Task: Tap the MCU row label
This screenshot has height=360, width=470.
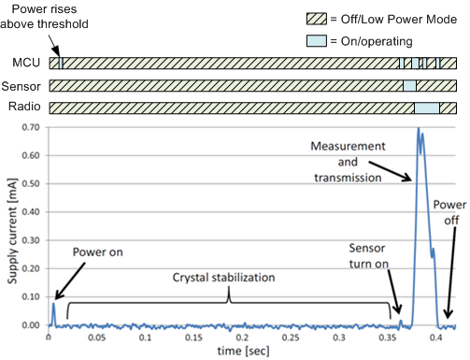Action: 25,64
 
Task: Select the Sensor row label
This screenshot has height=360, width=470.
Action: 21,86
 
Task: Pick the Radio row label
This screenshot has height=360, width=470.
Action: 23,107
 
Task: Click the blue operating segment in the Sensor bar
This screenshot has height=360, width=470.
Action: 408,86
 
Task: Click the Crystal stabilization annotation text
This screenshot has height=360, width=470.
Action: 229,278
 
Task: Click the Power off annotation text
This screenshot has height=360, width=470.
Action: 449,215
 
